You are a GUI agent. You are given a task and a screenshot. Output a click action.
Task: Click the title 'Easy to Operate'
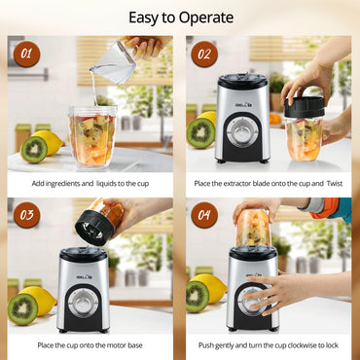pos(180,18)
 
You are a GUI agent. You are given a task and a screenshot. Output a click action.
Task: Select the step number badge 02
pos(204,54)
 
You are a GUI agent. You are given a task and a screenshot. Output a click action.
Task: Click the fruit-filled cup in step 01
pos(91,136)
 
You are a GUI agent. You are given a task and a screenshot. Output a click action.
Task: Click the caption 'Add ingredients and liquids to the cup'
pos(91,183)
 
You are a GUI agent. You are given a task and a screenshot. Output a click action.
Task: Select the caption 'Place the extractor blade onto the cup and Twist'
pos(270,183)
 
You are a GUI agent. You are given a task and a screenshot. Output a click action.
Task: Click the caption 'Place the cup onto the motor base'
pos(91,344)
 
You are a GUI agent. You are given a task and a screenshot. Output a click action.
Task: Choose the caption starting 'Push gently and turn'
pos(270,344)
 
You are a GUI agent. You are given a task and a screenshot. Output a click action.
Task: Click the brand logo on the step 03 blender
pos(83,261)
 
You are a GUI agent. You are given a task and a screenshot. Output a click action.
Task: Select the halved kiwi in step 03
pos(23,307)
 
